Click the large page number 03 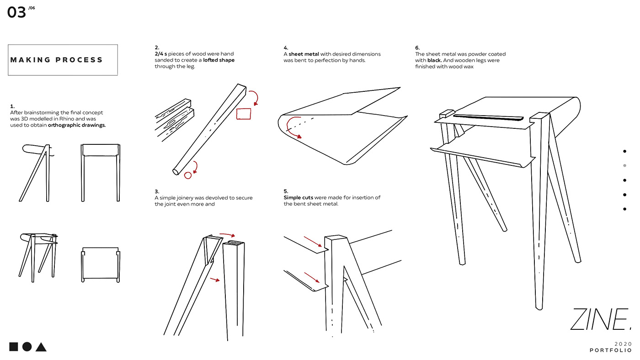pos(16,12)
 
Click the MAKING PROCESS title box pos(63,60)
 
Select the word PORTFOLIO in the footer pos(611,350)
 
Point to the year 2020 pos(623,344)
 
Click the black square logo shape pos(14,347)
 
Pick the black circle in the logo pos(27,347)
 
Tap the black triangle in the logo pos(41,347)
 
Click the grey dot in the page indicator pos(625,165)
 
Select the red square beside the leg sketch pos(244,113)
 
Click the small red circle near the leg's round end pos(187,175)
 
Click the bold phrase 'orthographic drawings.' pos(77,125)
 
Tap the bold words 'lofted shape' pos(219,60)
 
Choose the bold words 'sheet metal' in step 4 pos(304,54)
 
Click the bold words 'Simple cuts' pos(299,197)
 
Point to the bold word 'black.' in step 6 pos(434,60)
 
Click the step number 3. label pos(157,191)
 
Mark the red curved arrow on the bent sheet pos(293,130)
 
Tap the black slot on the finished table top pos(489,117)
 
